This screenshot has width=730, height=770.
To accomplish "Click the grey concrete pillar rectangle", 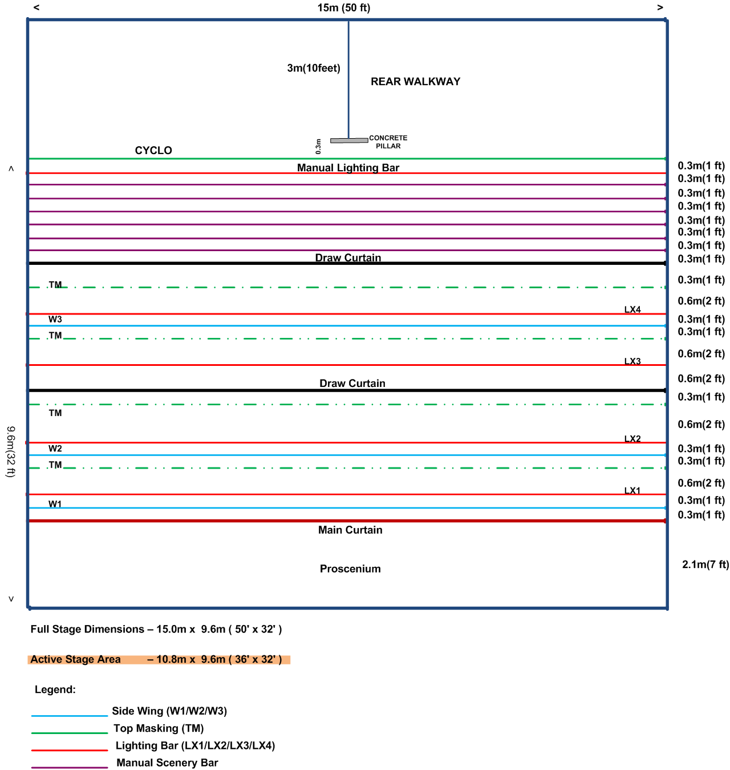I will tap(349, 140).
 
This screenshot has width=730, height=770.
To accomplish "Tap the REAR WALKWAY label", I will tap(415, 82).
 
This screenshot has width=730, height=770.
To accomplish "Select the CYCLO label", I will tap(153, 150).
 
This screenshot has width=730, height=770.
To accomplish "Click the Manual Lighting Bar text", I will tap(348, 167).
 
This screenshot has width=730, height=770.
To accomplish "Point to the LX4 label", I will tap(632, 309).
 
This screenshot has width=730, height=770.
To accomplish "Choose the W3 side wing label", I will tap(55, 319).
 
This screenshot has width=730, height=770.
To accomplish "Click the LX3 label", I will tap(632, 361).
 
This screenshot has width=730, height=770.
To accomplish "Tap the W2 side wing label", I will tap(55, 449).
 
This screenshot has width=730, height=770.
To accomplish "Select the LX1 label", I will tap(632, 490).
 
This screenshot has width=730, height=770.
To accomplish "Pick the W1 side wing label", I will tap(55, 503).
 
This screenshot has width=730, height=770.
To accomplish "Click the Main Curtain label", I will tap(350, 530).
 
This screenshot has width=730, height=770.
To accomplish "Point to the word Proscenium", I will tap(350, 569).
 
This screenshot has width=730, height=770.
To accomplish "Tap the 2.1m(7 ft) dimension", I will tap(705, 565).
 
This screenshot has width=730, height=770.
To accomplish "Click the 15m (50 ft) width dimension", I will tap(344, 8).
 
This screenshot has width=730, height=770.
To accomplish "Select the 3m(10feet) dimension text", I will tap(314, 68).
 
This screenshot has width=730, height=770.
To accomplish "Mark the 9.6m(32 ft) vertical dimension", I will tap(11, 451).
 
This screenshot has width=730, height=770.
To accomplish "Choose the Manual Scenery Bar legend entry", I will tap(167, 763).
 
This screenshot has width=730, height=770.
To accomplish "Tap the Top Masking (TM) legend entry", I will tap(159, 728).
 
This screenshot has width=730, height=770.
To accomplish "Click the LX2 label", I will tap(632, 438).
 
